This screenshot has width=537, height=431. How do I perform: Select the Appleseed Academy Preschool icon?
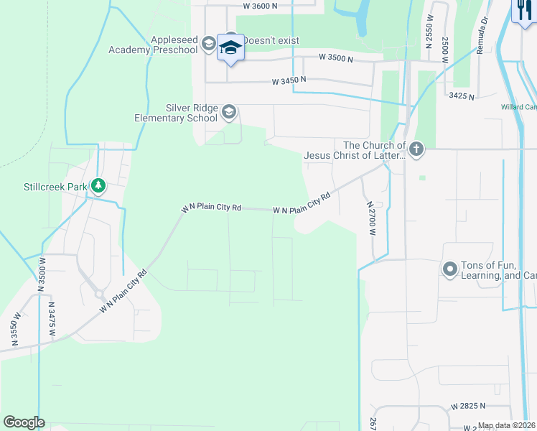coord(208,44)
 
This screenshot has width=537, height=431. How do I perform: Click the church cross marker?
coord(416,149)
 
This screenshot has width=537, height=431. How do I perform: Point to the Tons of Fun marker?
coord(450,269)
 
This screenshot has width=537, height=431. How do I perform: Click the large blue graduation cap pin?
coord(230,48)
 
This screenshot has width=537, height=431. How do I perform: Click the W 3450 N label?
coord(289,82)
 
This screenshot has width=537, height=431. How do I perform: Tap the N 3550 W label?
coord(14,329)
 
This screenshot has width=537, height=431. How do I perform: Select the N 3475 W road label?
coord(52,317)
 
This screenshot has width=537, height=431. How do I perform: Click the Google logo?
coord(24,422)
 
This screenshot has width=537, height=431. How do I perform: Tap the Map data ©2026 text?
coord(506,425)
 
